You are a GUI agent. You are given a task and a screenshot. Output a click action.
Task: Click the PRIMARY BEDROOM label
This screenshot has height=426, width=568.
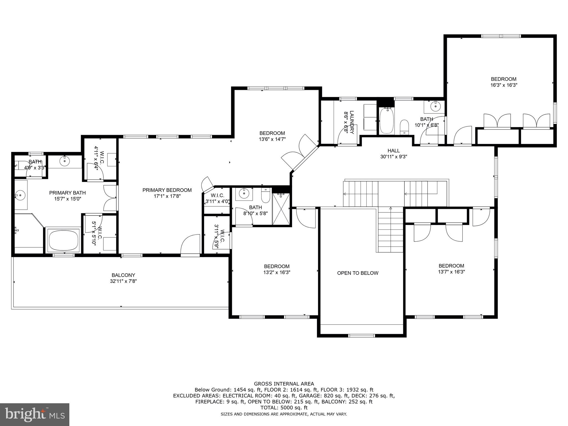167,190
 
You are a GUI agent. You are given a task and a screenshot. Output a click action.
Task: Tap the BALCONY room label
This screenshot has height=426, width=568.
123,275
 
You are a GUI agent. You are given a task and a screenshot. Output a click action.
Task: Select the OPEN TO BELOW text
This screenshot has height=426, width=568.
358,273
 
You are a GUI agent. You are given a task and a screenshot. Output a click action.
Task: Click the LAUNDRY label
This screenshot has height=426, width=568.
352,122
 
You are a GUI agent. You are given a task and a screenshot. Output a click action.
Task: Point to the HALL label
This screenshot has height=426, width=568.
394,151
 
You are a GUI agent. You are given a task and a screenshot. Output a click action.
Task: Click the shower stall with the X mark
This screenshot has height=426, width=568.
281,209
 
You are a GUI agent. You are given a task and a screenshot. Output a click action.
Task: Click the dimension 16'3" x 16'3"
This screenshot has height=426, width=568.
504,85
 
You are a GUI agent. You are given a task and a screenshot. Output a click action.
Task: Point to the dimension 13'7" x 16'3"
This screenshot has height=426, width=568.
451,272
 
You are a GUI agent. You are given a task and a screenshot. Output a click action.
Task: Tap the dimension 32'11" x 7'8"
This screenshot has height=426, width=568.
123,281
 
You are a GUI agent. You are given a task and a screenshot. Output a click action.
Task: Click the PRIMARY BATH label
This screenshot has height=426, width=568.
67,193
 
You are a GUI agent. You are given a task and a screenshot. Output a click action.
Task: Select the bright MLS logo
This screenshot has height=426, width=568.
35,414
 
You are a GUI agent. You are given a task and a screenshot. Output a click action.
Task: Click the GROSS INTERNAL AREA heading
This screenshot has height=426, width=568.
284,384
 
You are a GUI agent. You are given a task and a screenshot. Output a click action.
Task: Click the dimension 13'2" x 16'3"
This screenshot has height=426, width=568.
277,272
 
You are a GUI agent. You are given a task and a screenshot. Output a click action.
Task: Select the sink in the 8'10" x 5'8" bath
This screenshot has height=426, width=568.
244,193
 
